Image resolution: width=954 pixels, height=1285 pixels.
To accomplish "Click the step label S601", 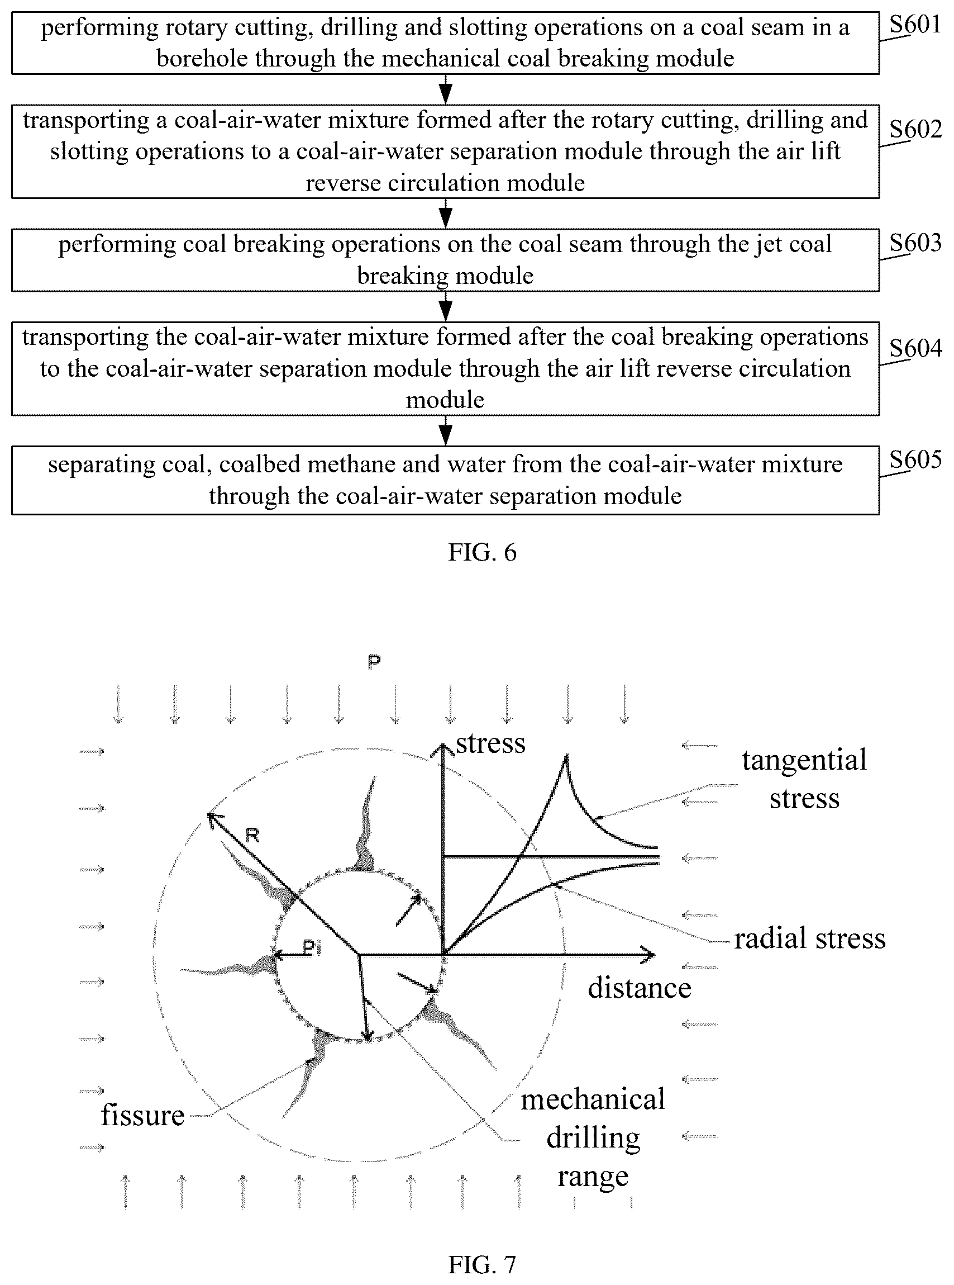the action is point(915,25).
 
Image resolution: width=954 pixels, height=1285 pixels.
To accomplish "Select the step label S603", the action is point(915,243).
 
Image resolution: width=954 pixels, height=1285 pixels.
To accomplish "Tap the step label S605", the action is point(915,460).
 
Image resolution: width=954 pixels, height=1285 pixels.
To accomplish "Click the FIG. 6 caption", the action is point(482,552).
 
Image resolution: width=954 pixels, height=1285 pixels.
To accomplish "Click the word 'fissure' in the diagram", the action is point(142,1115).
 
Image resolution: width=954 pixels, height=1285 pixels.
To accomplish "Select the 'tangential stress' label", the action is point(804,779).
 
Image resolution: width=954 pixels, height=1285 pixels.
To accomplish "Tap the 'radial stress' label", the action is point(810,938).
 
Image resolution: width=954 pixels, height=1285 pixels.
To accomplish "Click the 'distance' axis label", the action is point(640,988).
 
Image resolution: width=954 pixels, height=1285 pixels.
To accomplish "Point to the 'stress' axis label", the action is point(490,743).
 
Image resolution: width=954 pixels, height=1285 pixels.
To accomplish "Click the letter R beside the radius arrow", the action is point(252,835).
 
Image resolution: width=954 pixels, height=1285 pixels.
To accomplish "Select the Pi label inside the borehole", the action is point(312,947).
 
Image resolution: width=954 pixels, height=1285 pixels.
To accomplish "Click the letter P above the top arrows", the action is point(374,662).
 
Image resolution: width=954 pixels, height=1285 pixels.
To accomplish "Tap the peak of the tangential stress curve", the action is point(567,755).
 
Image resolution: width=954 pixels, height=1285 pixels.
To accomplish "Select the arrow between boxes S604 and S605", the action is point(445,430).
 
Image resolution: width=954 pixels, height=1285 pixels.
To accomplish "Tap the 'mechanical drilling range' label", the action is point(593,1137).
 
